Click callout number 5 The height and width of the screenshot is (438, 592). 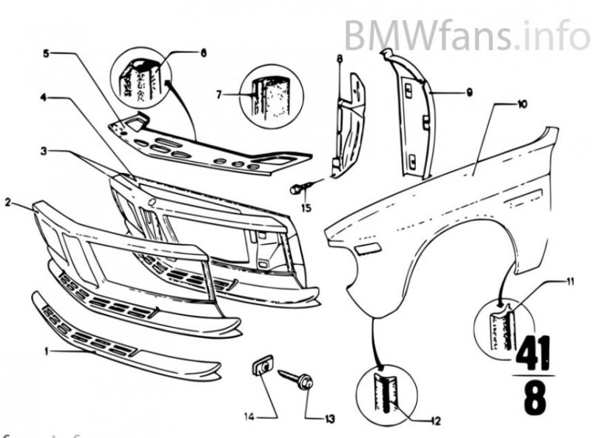pos(46,53)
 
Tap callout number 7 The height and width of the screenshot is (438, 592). pos(219,95)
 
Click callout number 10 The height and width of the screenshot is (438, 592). pos(522,105)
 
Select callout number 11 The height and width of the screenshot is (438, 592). pos(571,281)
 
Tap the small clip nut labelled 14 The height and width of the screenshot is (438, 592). pos(260,365)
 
